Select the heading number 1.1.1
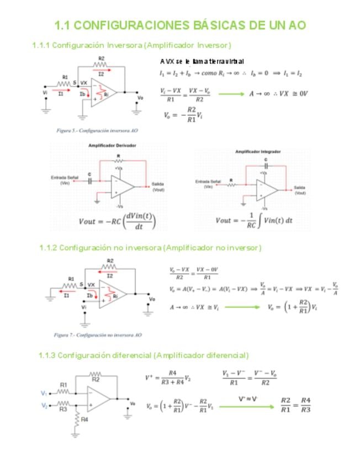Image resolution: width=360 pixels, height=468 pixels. pyautogui.click(x=41, y=45)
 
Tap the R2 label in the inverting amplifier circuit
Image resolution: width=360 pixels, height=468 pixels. pyautogui.click(x=102, y=59)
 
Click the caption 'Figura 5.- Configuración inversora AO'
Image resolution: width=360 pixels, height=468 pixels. pyautogui.click(x=97, y=131)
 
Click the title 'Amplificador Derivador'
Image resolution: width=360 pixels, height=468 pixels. pyautogui.click(x=112, y=145)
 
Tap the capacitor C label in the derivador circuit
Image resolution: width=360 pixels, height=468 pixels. pyautogui.click(x=89, y=175)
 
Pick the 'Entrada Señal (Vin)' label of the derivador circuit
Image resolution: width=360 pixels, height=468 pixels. pyautogui.click(x=64, y=180)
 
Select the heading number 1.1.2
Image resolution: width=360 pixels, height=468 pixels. pyautogui.click(x=48, y=248)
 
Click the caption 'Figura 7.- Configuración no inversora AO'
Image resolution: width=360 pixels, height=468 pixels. pyautogui.click(x=98, y=334)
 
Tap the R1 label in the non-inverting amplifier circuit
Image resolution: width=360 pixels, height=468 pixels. pyautogui.click(x=71, y=279)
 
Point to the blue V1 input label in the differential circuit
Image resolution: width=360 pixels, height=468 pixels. pyautogui.click(x=44, y=393)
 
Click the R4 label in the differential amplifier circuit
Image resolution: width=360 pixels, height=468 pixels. pyautogui.click(x=84, y=419)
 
